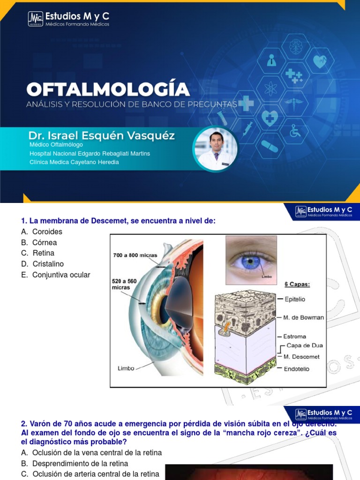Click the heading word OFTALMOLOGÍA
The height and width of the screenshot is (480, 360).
[x=108, y=90]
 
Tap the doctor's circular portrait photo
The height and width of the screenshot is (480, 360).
[x=216, y=149]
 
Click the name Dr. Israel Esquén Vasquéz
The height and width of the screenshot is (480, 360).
[x=101, y=136]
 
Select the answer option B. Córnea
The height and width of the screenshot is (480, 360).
[x=39, y=242]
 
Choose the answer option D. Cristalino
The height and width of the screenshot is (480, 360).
[x=43, y=264]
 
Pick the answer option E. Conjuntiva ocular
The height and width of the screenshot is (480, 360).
[x=56, y=275]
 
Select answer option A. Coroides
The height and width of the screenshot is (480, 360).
[x=42, y=232]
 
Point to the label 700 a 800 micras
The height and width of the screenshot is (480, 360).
[x=135, y=255]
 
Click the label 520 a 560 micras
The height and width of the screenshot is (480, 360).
[x=124, y=284]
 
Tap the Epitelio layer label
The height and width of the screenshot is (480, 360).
[x=294, y=299]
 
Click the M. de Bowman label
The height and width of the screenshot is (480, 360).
[x=303, y=317]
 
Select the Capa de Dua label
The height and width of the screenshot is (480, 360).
[x=304, y=345]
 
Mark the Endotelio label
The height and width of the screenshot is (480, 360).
[x=296, y=369]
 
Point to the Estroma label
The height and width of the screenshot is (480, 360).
[x=294, y=336]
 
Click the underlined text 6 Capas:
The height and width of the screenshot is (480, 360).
[x=297, y=284]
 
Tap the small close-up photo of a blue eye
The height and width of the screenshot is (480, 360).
[x=251, y=260]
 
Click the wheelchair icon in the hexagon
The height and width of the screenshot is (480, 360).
[x=295, y=132]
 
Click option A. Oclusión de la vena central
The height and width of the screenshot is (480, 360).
[x=92, y=452]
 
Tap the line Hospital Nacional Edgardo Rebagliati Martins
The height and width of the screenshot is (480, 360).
[x=90, y=153]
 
